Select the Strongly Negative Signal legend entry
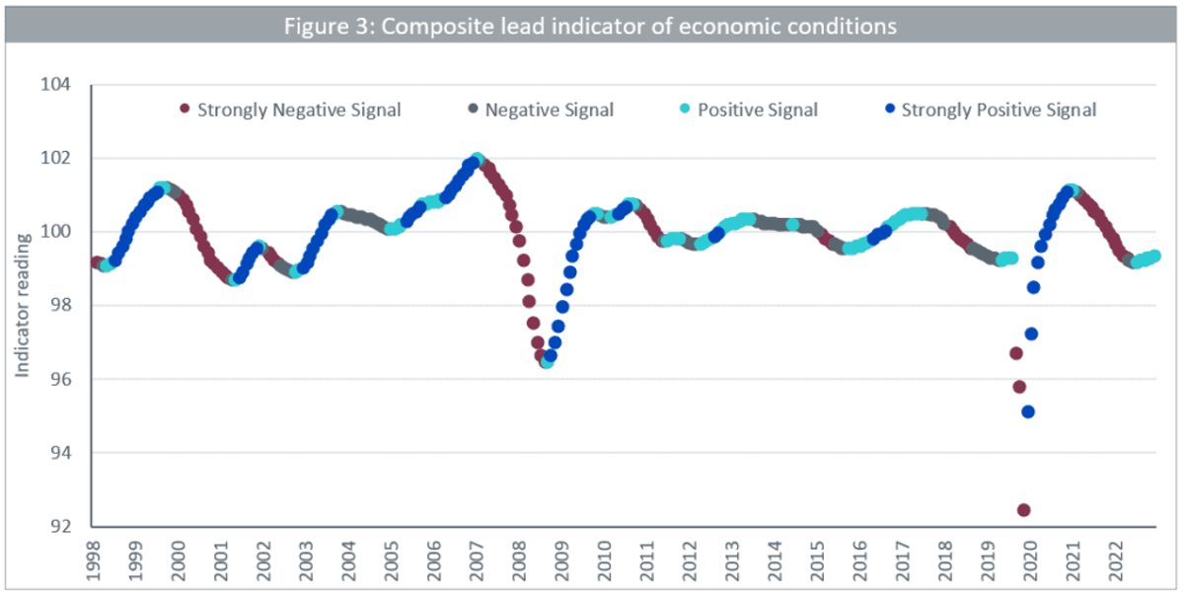290,110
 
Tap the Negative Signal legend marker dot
473,109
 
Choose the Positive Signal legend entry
749,110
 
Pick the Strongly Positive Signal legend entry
991,110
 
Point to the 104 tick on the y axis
55,84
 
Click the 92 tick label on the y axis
60,527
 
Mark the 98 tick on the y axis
60,305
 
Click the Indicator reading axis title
22,306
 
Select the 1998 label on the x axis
93,561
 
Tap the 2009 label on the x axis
561,561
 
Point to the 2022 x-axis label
1116,561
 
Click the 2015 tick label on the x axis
818,561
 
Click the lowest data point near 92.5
1024,510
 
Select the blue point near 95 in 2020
1028,412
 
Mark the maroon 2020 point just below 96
1019,387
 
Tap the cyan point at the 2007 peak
478,159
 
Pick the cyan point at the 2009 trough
547,362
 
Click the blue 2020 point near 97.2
1031,335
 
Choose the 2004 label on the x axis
349,561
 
